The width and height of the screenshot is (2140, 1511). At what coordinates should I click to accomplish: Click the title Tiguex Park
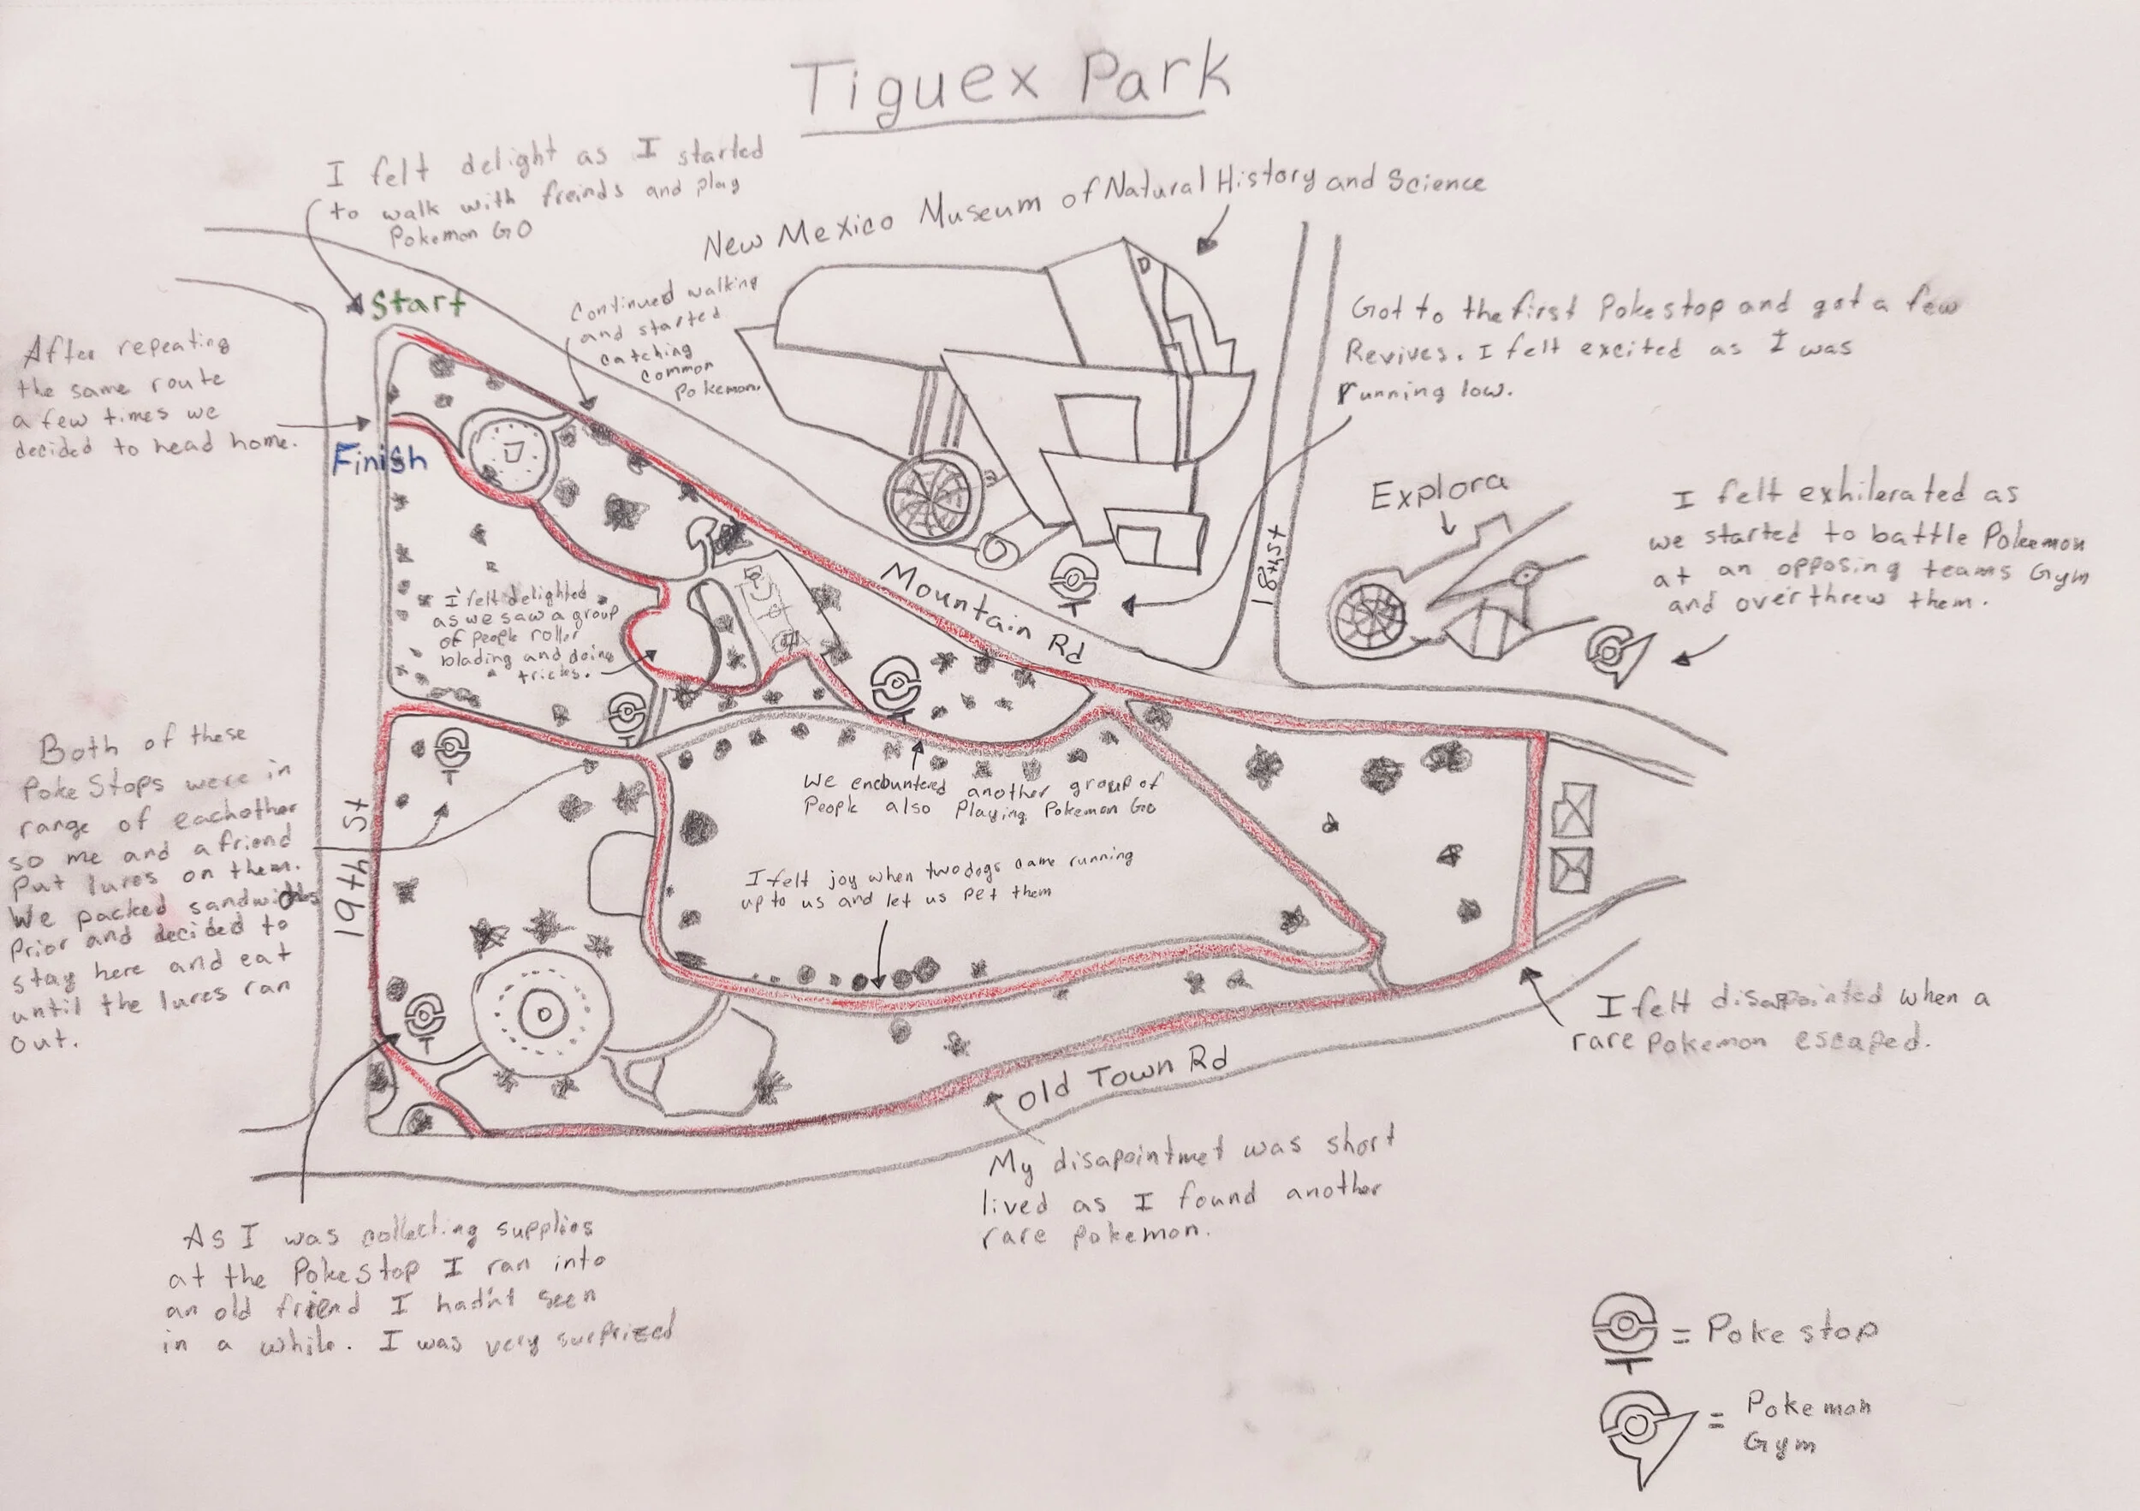click(1011, 86)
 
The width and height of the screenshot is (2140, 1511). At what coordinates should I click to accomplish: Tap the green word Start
click(418, 304)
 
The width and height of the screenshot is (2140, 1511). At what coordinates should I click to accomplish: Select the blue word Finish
click(379, 460)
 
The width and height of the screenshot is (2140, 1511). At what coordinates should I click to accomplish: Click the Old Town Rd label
click(1121, 1082)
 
